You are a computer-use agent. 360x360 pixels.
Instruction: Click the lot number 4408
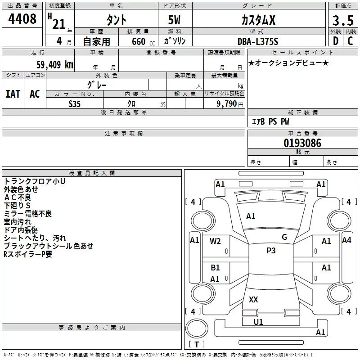22,19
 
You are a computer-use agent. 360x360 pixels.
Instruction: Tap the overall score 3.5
343,21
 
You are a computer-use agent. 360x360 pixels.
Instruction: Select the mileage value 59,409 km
55,65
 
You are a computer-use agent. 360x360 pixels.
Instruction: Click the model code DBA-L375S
258,41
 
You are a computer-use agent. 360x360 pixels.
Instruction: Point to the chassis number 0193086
302,143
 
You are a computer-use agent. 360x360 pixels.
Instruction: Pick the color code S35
74,104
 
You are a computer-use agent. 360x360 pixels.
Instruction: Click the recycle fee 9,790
227,104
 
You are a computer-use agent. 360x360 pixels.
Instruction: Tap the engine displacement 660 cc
143,41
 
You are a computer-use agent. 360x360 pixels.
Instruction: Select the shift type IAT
13,94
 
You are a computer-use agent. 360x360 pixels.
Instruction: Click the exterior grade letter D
336,41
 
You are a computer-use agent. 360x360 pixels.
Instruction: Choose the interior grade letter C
350,41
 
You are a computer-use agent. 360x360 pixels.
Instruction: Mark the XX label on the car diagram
253,299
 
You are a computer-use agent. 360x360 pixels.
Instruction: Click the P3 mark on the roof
271,250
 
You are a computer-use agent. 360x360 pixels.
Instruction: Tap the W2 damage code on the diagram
215,241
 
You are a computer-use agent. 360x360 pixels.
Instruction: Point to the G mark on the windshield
284,237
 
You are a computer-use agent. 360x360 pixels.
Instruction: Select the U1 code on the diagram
258,322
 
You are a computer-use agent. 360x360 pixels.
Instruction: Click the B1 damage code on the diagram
215,268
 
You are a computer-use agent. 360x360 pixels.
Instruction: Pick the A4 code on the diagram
346,240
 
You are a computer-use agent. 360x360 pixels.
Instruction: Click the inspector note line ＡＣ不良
18,198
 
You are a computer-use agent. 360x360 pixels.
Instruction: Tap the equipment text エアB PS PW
270,121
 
